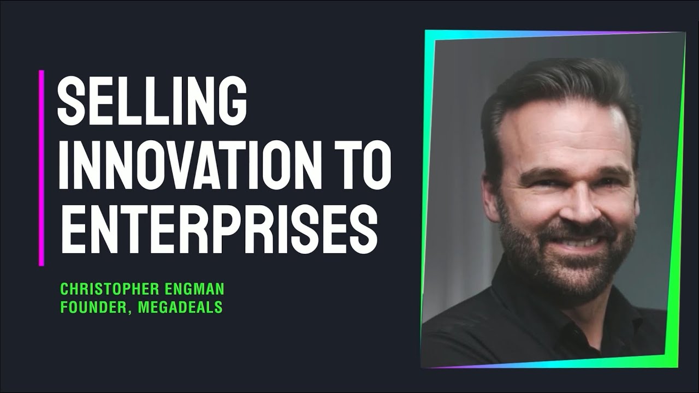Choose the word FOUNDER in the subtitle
89,307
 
